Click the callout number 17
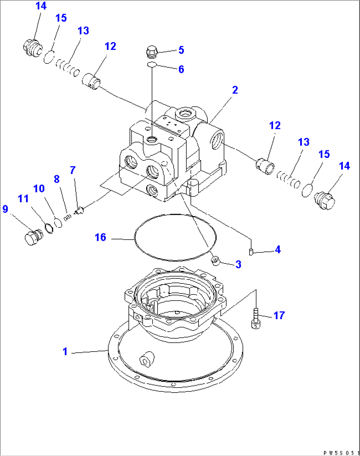point(279,316)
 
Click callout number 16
point(100,237)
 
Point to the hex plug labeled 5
point(152,51)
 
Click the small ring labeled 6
point(152,64)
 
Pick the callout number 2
point(235,90)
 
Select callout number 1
point(65,351)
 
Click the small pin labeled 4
point(251,252)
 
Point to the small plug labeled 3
point(215,261)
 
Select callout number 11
point(23,199)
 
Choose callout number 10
point(39,189)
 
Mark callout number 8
point(57,179)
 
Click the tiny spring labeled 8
point(68,217)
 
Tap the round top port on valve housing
point(183,114)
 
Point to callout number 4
point(278,249)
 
